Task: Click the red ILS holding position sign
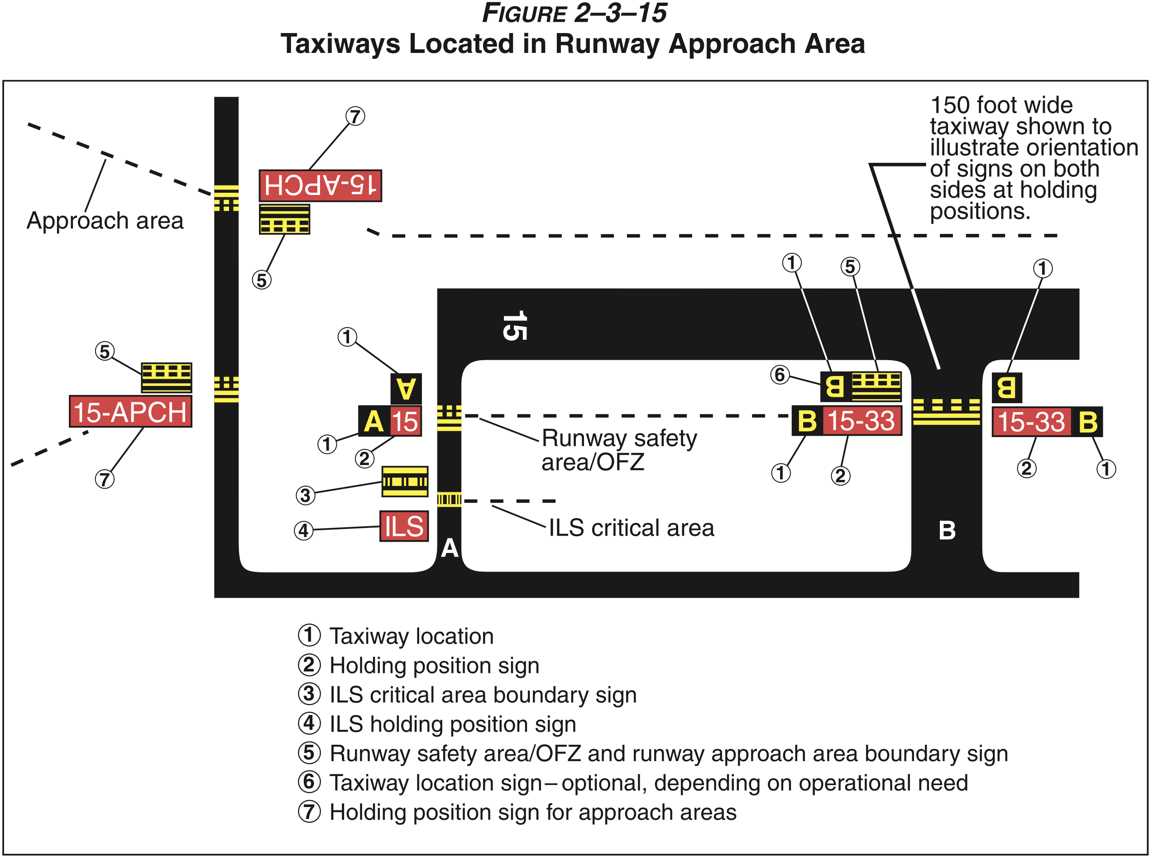(404, 526)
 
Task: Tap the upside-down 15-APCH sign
(320, 185)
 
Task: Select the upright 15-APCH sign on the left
(130, 411)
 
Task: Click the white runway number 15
(514, 325)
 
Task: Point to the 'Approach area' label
(105, 220)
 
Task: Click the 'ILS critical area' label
(631, 528)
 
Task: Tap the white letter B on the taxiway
(947, 530)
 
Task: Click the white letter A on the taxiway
(450, 548)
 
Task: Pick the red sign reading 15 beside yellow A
(405, 421)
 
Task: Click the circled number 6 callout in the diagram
(780, 375)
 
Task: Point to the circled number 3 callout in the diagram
(306, 495)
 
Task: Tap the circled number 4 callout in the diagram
(304, 530)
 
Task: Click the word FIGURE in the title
(524, 13)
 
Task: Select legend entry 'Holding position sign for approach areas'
(532, 812)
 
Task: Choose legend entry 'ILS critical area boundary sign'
(483, 695)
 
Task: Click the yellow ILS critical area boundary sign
(405, 481)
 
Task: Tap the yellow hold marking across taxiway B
(946, 412)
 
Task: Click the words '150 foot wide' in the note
(1001, 105)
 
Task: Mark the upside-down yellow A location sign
(406, 389)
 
